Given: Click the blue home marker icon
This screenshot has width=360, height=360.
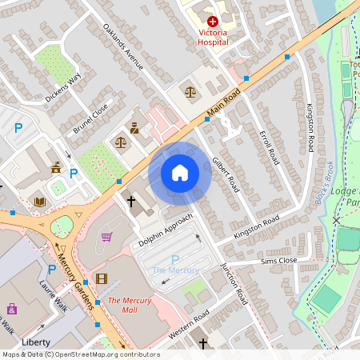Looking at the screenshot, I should point(180,173).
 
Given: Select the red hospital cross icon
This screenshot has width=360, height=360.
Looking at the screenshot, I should point(212,22).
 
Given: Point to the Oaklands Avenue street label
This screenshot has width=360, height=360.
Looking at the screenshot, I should point(123,46).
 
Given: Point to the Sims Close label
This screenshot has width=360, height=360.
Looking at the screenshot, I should point(278,261).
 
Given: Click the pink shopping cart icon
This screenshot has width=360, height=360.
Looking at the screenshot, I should point(106,236).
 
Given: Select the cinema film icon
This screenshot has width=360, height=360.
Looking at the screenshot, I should point(101,278).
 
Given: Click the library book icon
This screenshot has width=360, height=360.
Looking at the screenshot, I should point(40,201).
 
